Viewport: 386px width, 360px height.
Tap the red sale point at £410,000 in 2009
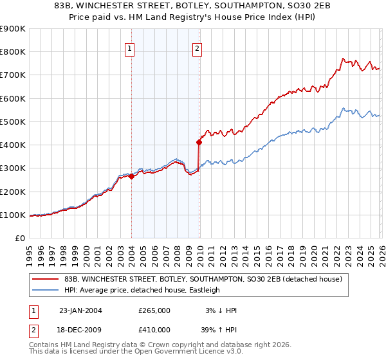(199, 143)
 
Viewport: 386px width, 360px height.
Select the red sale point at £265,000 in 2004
(131, 176)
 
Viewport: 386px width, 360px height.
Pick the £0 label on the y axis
(19, 238)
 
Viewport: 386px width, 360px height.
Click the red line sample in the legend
(45, 279)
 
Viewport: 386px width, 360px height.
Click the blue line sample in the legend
(45, 290)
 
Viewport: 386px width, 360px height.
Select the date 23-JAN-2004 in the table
(80, 310)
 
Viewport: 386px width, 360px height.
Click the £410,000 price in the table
(154, 329)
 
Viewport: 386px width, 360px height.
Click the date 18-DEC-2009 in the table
(80, 329)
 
